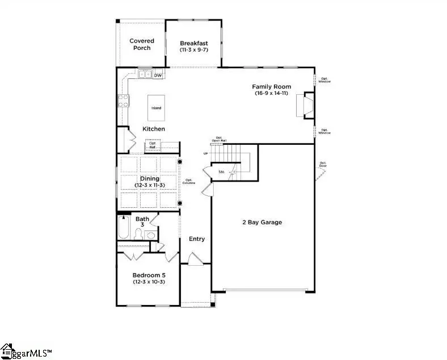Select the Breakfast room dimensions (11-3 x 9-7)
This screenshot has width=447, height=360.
pyautogui.click(x=193, y=51)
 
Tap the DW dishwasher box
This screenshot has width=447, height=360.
pyautogui.click(x=158, y=76)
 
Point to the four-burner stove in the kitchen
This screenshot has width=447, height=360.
pyautogui.click(x=123, y=101)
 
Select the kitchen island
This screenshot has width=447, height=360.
pyautogui.click(x=156, y=107)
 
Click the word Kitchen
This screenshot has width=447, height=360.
pyautogui.click(x=154, y=129)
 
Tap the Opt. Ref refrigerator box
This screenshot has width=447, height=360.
pyautogui.click(x=153, y=145)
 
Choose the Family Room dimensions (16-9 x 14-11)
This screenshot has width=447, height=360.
pyautogui.click(x=272, y=93)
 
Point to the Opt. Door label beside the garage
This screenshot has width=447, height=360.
pyautogui.click(x=323, y=165)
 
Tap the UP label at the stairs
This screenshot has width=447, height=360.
pyautogui.click(x=206, y=154)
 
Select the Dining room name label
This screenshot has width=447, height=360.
pyautogui.click(x=150, y=178)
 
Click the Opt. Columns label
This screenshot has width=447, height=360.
pyautogui.click(x=189, y=182)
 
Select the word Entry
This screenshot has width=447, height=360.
pyautogui.click(x=197, y=239)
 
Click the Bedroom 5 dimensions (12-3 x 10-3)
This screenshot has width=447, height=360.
pyautogui.click(x=149, y=282)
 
